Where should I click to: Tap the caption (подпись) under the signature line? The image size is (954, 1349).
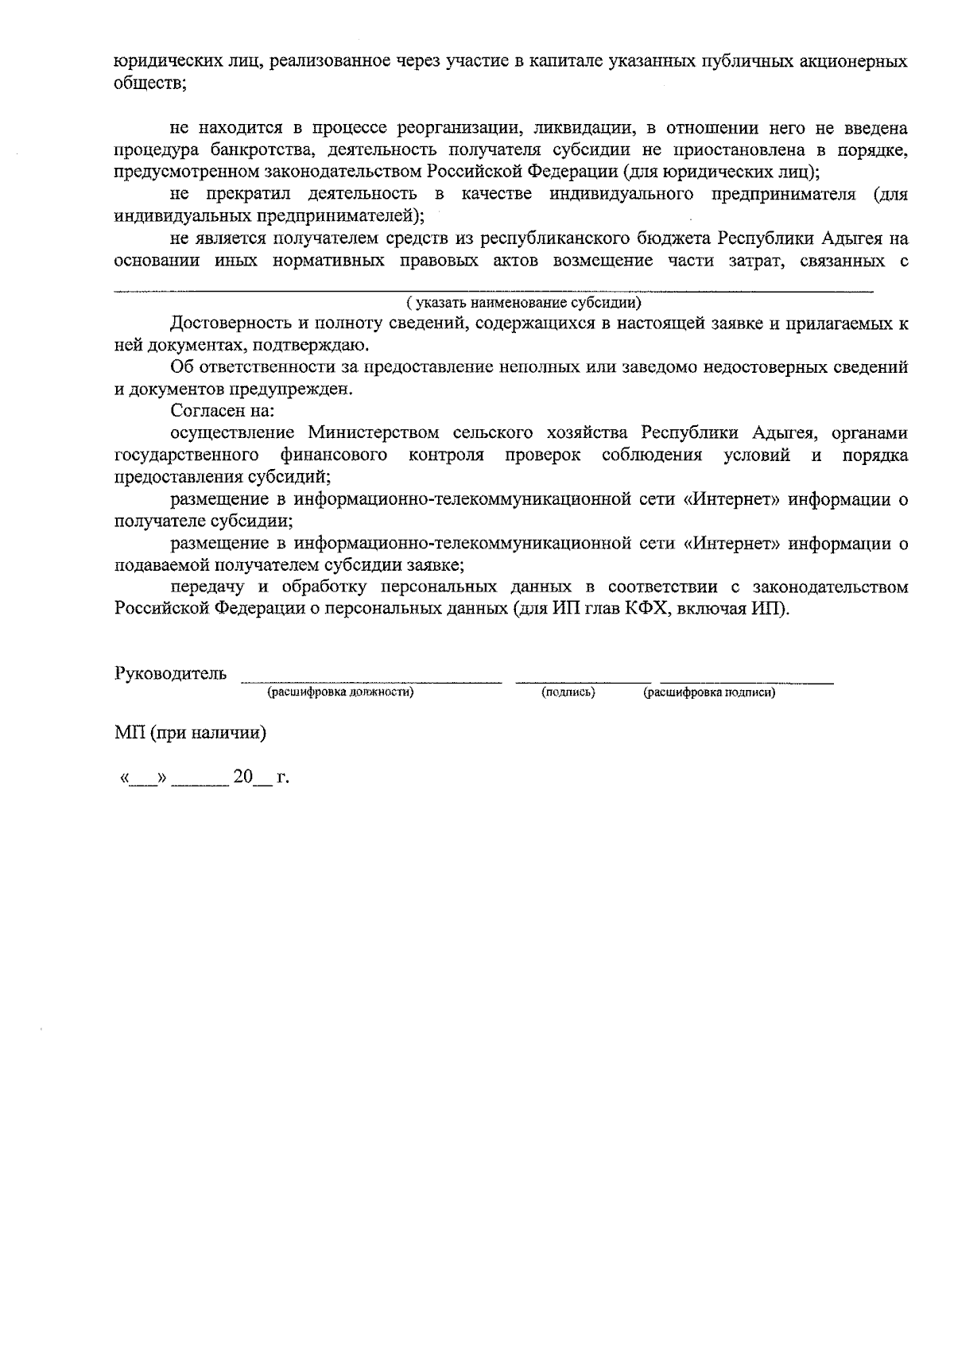tap(568, 693)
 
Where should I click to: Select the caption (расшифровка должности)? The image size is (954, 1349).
tap(340, 693)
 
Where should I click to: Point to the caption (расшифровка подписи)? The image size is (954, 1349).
tap(709, 693)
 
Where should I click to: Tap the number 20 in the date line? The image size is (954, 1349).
tap(242, 777)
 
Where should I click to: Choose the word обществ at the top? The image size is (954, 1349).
tap(147, 83)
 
